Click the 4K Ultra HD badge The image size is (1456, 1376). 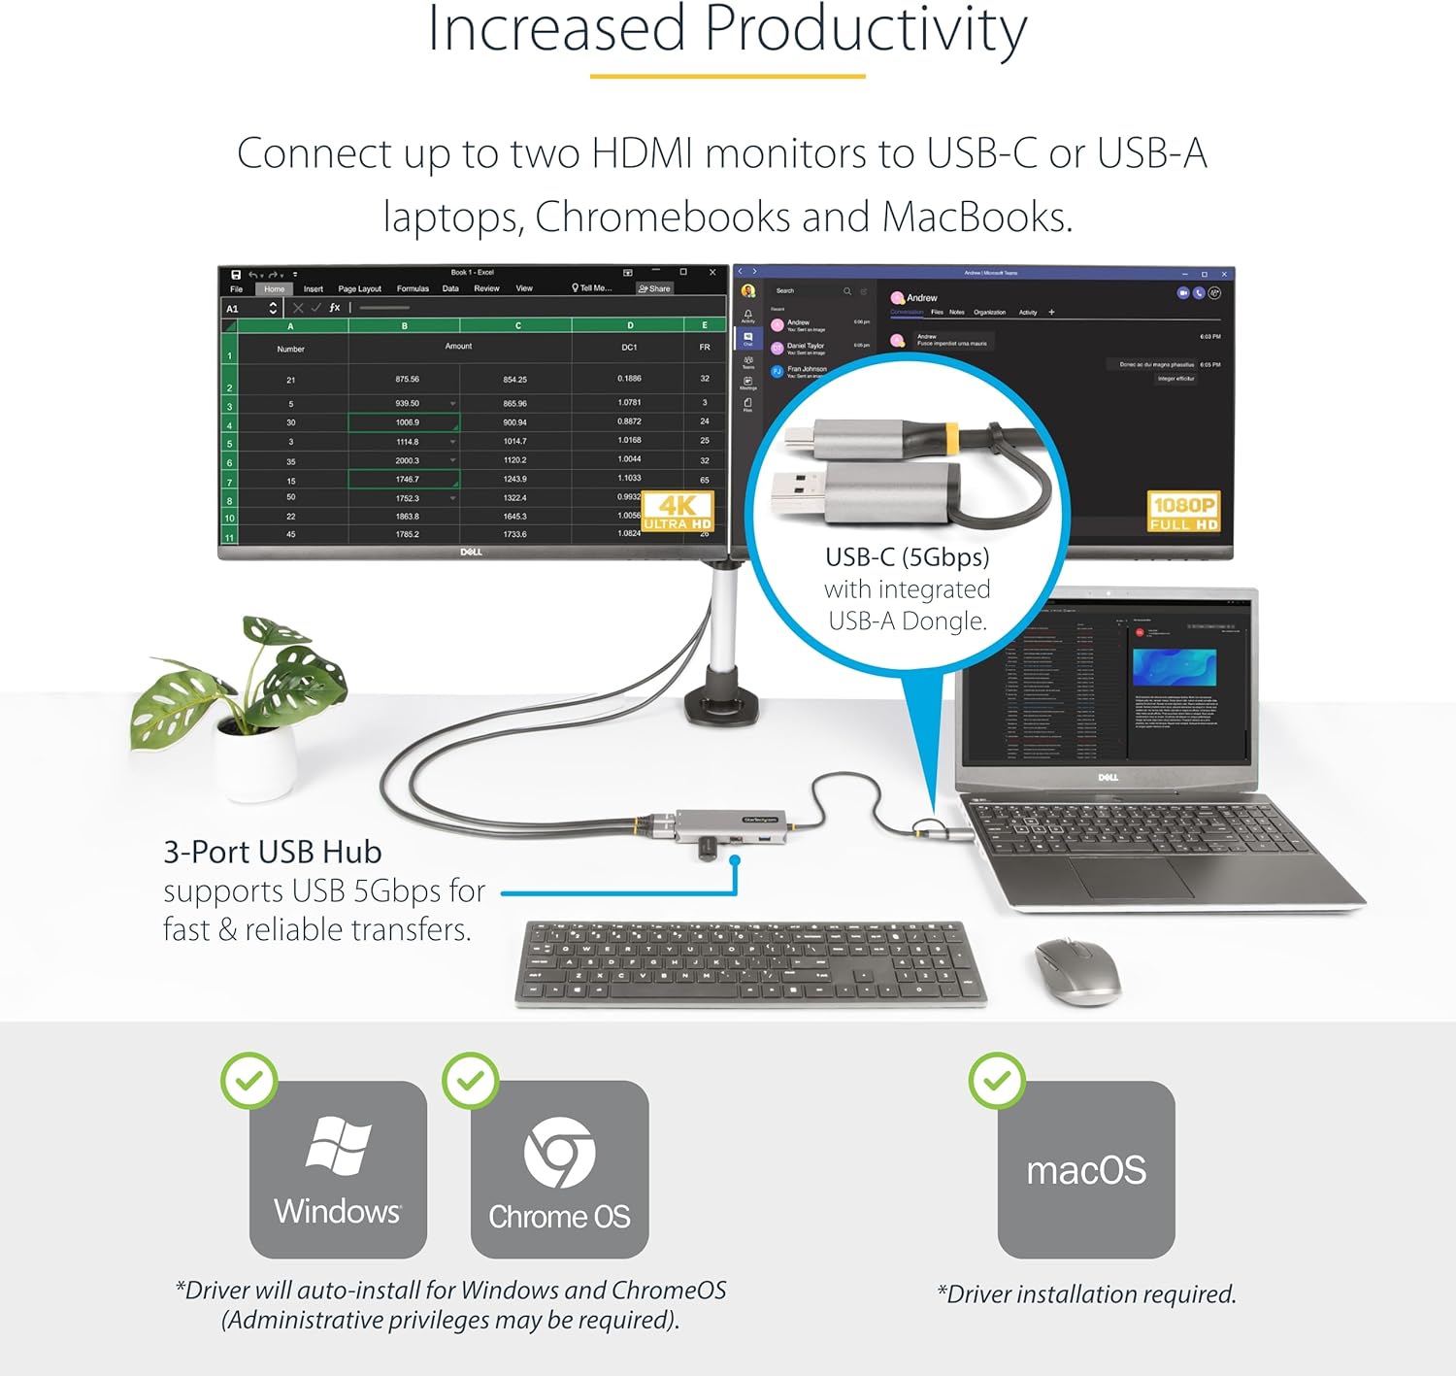coord(678,511)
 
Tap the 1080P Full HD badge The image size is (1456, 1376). coord(1183,512)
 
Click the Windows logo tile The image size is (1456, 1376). coord(338,1169)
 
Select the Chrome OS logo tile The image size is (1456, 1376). coord(559,1169)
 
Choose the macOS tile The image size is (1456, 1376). coord(1086,1169)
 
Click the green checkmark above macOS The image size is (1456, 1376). coord(997,1080)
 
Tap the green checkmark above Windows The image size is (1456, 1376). coord(249,1080)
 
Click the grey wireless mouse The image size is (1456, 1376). coord(1077,969)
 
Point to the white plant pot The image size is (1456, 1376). coord(254,763)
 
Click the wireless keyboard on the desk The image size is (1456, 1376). coord(749,961)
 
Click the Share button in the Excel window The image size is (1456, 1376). coord(654,288)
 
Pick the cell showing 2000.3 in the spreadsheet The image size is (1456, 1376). coord(407,460)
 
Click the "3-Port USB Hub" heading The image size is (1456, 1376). coord(273,852)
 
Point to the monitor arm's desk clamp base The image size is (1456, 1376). coord(721,705)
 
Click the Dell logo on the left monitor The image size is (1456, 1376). coord(471,552)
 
